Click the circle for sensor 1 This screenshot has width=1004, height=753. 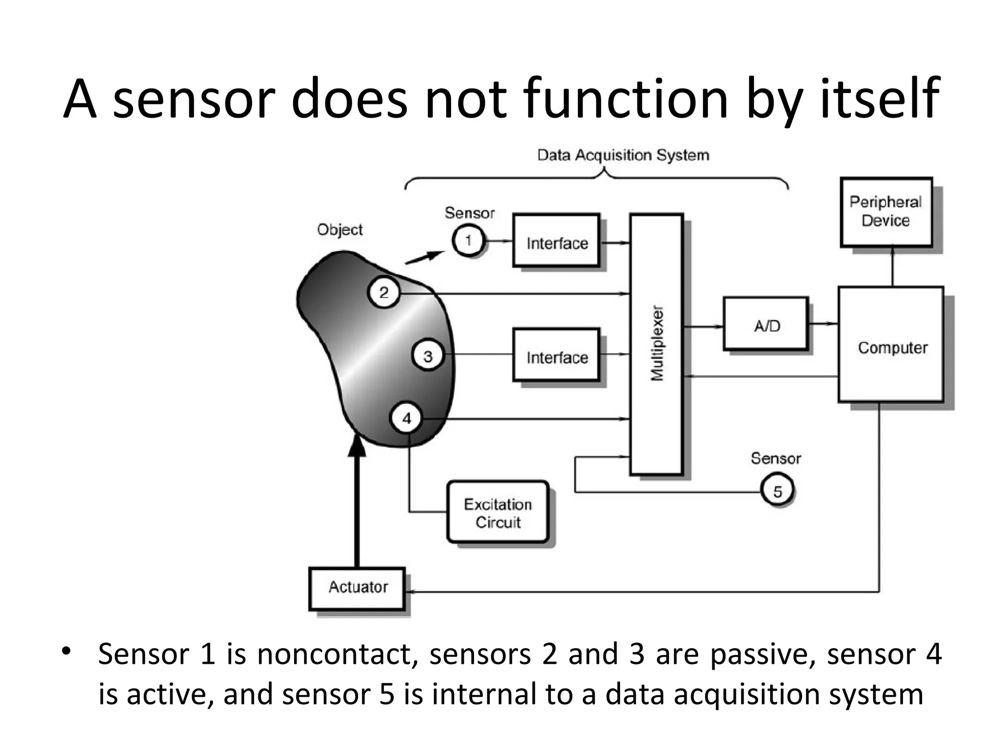[468, 241]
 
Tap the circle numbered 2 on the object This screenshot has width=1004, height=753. [384, 293]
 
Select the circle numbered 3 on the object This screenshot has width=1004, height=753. [428, 355]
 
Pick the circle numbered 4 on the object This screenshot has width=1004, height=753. [406, 418]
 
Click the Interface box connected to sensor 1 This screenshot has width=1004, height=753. [556, 241]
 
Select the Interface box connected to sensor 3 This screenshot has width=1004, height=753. [556, 355]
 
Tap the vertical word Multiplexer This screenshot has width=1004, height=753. [657, 343]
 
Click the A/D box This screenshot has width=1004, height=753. [766, 324]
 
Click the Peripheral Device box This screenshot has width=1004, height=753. [886, 212]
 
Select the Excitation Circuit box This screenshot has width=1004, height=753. [498, 512]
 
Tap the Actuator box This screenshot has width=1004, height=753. [357, 588]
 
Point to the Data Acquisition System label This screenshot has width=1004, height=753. [623, 155]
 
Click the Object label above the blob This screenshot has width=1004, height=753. [340, 229]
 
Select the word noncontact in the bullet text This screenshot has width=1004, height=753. [337, 654]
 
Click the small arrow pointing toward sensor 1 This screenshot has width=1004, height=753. [427, 256]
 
